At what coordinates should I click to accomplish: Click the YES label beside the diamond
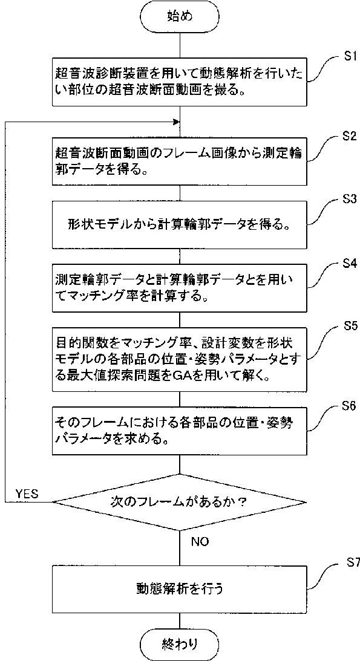[27, 493]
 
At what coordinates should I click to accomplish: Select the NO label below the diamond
[200, 541]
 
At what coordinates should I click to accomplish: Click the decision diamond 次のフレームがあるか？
[180, 502]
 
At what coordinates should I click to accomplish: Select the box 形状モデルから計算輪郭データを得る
[180, 225]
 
